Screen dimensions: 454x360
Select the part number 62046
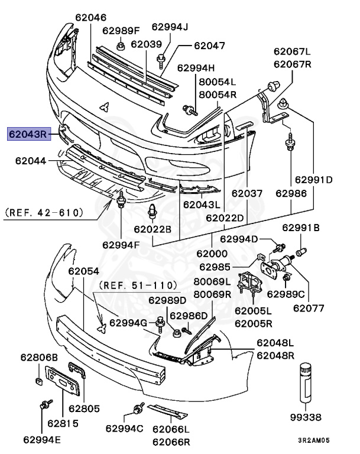point(91,18)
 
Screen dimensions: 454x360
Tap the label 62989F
point(121,30)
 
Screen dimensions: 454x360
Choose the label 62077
point(309,307)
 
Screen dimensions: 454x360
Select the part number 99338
point(307,417)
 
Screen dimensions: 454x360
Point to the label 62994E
point(43,439)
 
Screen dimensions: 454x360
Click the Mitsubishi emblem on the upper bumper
point(105,106)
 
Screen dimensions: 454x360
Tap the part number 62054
point(83,271)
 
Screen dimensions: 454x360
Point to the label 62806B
point(40,357)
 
